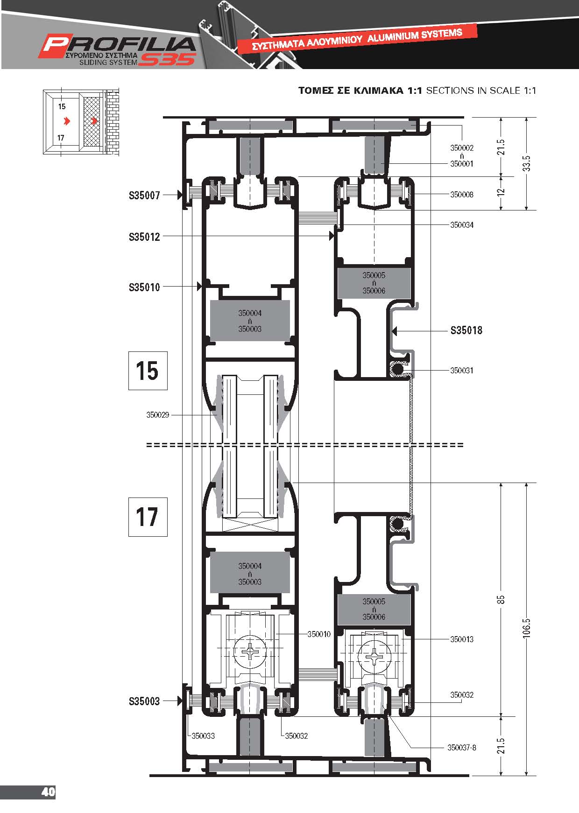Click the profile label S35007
144,195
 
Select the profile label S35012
144,237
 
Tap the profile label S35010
144,287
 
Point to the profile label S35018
466,330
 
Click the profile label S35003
144,701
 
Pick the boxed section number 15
148,371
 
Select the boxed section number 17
148,517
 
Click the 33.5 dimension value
527,163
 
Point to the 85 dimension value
501,599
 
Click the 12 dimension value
501,192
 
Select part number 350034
462,225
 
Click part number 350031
462,371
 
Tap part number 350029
158,414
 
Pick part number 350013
462,639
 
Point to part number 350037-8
462,747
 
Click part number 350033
204,736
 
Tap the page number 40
49,792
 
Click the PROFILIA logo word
118,45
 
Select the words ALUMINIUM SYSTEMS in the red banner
415,35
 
